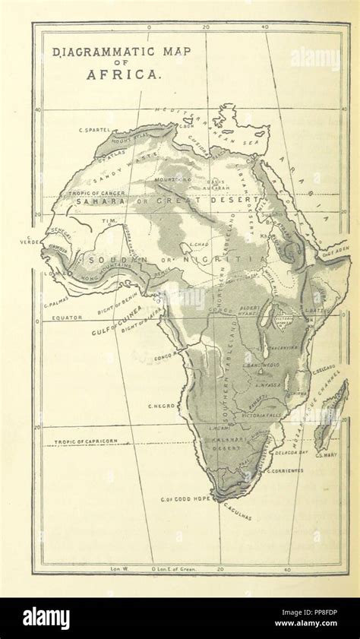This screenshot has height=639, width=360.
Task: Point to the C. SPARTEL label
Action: (x=95, y=131)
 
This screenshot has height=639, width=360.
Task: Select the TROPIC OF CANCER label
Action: (x=92, y=193)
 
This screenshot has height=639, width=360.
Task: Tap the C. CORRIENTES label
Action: (x=285, y=470)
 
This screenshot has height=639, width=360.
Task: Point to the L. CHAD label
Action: (x=200, y=244)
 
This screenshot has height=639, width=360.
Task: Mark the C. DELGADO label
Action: (x=324, y=371)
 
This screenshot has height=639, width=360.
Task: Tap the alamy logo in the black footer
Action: (x=46, y=617)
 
